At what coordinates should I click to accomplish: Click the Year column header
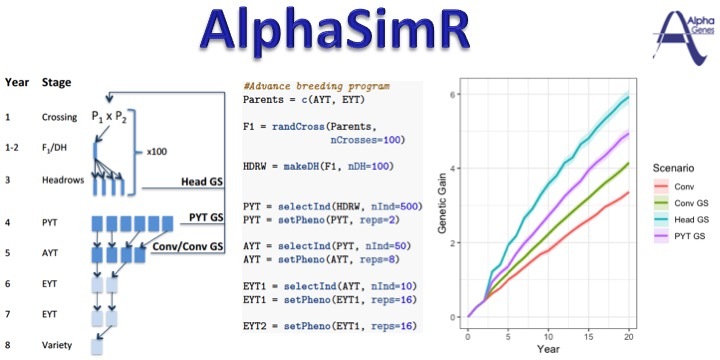click(x=17, y=81)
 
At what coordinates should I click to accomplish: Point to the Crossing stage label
click(x=61, y=116)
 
